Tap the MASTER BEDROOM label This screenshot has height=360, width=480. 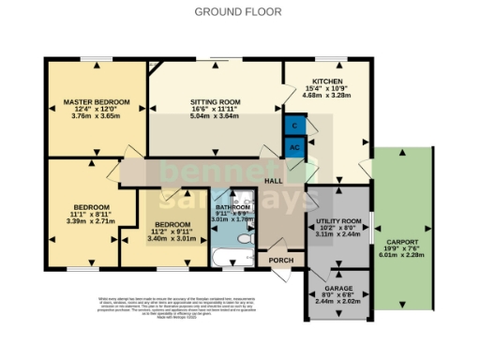[97, 101]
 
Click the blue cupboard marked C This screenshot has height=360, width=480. [295, 125]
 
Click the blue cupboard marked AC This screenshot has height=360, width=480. [295, 148]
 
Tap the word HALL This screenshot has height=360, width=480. [274, 180]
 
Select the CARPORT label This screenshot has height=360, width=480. [401, 242]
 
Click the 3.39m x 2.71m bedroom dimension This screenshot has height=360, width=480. [91, 221]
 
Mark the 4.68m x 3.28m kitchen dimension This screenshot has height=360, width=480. [324, 95]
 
